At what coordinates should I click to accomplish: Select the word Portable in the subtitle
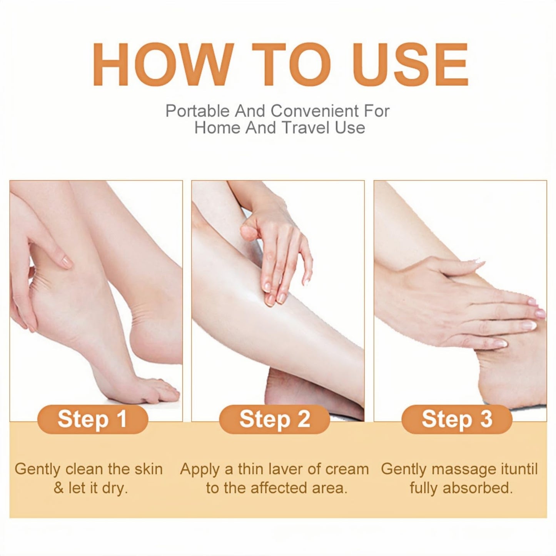click(x=197, y=111)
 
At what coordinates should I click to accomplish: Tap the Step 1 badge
click(x=92, y=419)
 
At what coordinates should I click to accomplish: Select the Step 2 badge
click(x=274, y=419)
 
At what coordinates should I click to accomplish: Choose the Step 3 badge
click(x=457, y=419)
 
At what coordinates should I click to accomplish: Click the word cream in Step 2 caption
click(x=347, y=469)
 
